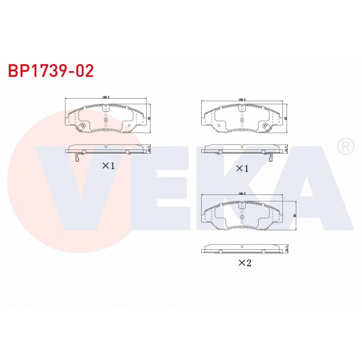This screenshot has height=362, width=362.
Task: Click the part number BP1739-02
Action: [51, 71]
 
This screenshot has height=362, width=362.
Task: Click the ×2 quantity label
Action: [244, 263]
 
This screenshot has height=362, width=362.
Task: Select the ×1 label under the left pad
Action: [108, 166]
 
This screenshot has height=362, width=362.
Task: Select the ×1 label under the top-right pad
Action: [243, 169]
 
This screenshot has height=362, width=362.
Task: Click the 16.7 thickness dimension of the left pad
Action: [149, 149]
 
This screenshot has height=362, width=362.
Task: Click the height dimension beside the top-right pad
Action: [286, 117]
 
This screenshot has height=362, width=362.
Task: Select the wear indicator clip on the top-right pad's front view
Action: [266, 126]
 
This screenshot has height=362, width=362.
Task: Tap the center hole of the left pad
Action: [105, 119]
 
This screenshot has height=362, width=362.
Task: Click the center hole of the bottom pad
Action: [241, 215]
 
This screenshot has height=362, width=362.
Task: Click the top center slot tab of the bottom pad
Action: [241, 204]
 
